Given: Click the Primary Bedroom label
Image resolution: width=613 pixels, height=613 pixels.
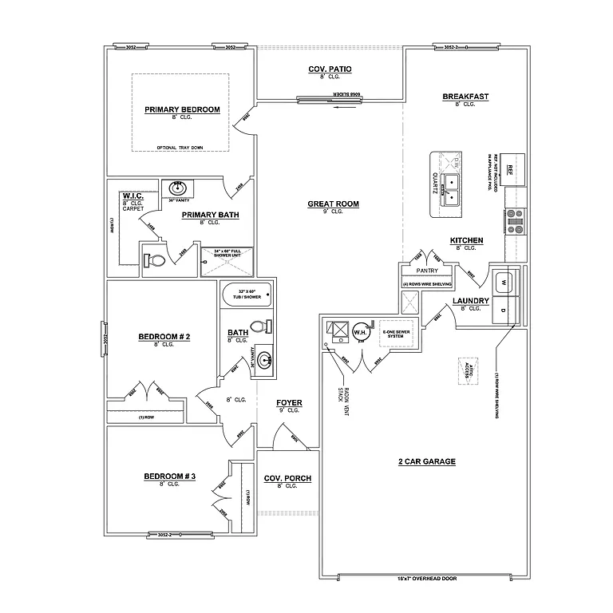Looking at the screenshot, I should click(x=182, y=109).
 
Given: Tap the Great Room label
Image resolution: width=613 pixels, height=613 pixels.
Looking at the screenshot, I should click(x=334, y=204).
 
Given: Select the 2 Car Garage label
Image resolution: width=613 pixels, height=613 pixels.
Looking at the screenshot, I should click(x=426, y=461).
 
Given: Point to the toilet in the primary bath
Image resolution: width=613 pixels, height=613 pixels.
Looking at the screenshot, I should click(x=155, y=260).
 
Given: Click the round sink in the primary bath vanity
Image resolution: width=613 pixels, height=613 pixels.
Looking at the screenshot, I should click(x=177, y=188).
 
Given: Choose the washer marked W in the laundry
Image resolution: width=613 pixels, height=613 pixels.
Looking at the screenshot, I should click(x=504, y=281).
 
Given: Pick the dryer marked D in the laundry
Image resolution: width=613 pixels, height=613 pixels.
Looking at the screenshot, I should click(x=504, y=308).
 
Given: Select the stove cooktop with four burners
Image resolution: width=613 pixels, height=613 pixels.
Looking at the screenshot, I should click(x=516, y=220).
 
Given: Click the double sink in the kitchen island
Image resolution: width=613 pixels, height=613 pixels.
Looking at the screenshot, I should click(x=453, y=189).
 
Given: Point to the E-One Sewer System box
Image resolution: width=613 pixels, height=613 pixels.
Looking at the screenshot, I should click(x=396, y=333).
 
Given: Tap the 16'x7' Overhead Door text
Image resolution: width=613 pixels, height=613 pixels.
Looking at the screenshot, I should click(x=425, y=578).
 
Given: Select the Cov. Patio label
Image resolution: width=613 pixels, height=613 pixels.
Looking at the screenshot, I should click(x=330, y=69).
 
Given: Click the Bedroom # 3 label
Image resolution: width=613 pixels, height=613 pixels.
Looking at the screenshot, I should click(x=169, y=477).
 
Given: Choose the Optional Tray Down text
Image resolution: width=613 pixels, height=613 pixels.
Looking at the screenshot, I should click(x=180, y=148).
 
